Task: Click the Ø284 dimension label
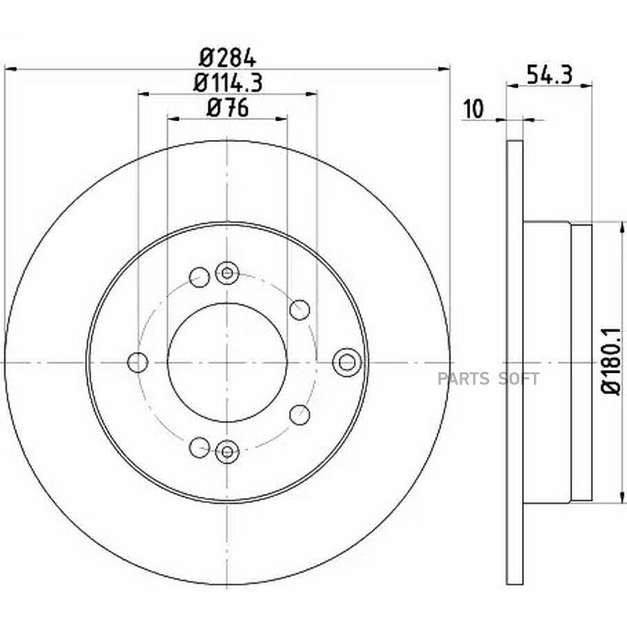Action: tap(227, 59)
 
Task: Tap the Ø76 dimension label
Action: tap(228, 108)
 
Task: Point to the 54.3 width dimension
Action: tap(550, 75)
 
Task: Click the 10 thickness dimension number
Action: tap(474, 109)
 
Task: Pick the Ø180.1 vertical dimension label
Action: tap(612, 361)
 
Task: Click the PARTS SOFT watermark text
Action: tap(488, 378)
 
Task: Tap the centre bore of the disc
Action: tap(227, 362)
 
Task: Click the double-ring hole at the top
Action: tap(227, 273)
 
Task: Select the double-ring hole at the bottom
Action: tap(227, 452)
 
